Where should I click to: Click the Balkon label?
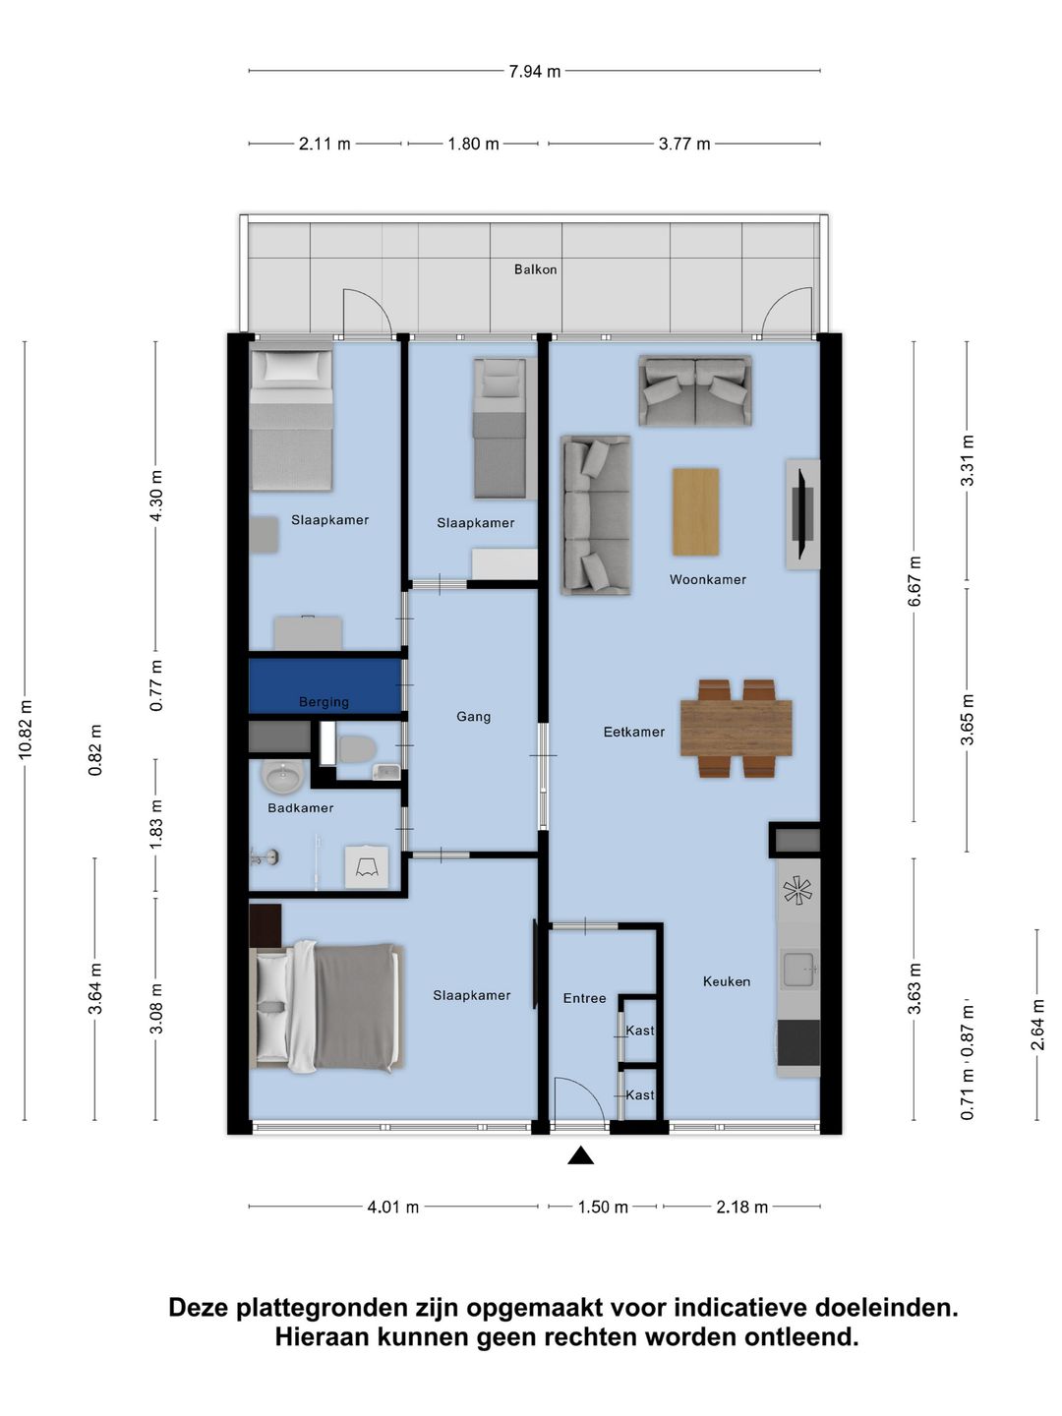coord(535,269)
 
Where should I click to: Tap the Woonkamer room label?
coord(707,579)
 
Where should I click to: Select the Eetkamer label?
coord(634,732)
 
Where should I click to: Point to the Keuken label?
coord(726,981)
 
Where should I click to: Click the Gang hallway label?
coord(473,717)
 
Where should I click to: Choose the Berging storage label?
coord(324,702)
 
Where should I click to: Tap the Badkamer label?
coord(301,807)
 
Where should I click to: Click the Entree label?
coord(584,998)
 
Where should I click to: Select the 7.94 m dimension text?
coord(535,72)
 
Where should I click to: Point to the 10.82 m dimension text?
coord(26,729)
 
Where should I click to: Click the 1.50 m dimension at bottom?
coord(602,1207)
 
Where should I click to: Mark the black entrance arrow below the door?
coord(580,1155)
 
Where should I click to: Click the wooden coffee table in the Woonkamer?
coord(696,511)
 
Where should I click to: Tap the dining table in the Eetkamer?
coord(737,729)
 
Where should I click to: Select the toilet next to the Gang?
coord(357,749)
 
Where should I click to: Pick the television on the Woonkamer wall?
coord(803,514)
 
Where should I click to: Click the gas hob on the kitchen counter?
coord(796,892)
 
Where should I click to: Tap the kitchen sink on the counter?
coord(799,969)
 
